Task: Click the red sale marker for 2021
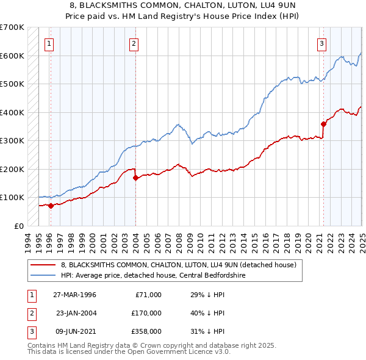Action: click(323, 124)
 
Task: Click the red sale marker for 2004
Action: click(135, 178)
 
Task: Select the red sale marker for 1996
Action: click(51, 206)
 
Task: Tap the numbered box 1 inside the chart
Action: click(49, 43)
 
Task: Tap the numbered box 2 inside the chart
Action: click(134, 43)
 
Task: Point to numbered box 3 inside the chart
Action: click(321, 43)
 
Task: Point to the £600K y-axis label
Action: click(12, 56)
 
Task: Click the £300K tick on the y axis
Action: click(12, 140)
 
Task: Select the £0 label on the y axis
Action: click(18, 226)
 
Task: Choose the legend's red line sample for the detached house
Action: click(43, 265)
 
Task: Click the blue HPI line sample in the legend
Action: click(43, 275)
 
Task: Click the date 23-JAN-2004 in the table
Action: click(76, 313)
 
